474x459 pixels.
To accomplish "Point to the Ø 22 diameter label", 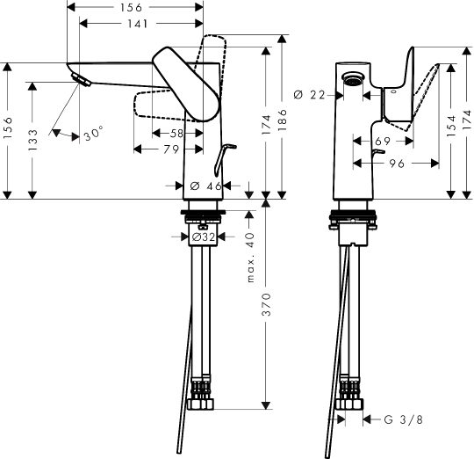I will click(x=305, y=94).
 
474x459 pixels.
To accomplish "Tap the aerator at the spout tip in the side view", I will click(x=81, y=81).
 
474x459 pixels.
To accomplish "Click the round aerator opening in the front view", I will click(x=354, y=78).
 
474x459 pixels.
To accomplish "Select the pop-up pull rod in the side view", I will click(x=221, y=157).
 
